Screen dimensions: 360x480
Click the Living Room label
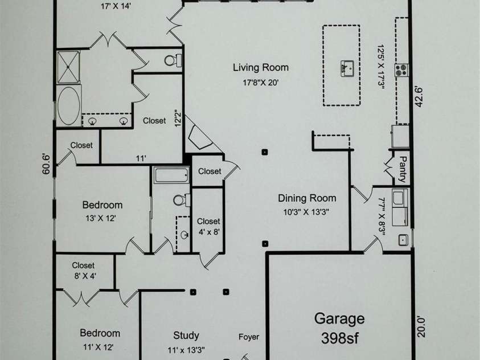tap(260, 67)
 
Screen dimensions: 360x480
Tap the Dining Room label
tap(307, 198)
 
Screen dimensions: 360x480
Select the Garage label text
tap(340, 318)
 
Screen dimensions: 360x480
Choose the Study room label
tap(186, 336)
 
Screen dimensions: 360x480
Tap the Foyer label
tap(248, 337)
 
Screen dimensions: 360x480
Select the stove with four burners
tap(402, 69)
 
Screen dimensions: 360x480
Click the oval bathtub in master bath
tap(69, 105)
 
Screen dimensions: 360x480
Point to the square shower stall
tap(69, 67)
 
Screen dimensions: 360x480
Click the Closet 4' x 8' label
tap(208, 226)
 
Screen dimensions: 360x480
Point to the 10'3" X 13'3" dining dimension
tap(307, 212)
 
